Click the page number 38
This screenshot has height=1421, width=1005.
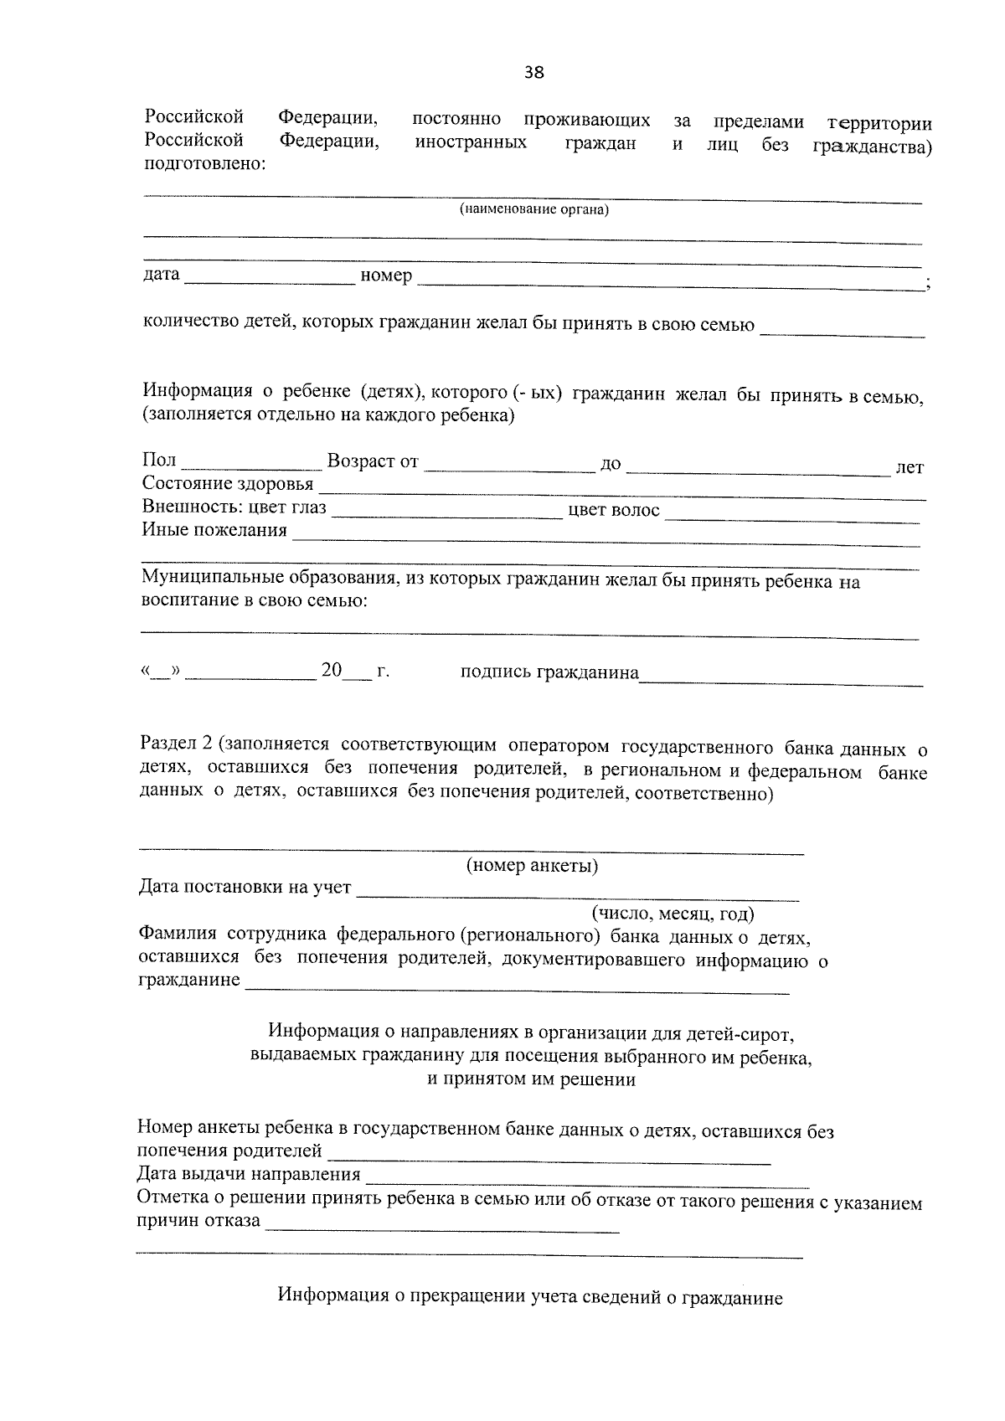coord(533,72)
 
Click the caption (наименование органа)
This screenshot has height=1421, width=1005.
coord(533,209)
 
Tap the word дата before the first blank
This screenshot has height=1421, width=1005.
coord(162,275)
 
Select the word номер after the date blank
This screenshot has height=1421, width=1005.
coord(386,275)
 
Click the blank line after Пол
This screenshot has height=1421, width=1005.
coord(251,463)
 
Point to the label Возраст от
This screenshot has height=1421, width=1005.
coord(373,461)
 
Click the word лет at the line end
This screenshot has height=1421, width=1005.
coord(910,468)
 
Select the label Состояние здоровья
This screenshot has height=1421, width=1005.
coord(228,484)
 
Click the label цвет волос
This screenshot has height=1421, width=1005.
coord(614,510)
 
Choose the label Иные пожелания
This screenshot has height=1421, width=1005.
coord(214,530)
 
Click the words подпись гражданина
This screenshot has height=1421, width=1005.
coord(549,672)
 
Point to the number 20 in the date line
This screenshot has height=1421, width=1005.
coord(332,671)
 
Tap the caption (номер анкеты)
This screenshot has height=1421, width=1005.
coord(532,866)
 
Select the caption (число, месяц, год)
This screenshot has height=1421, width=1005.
coord(673,913)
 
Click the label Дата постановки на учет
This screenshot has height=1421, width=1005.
coord(245,888)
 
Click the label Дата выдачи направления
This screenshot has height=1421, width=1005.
coord(249,1175)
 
